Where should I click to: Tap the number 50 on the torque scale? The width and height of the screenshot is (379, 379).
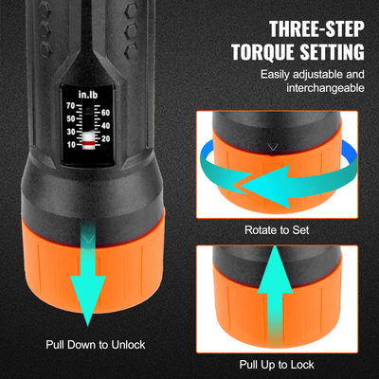tap(70, 119)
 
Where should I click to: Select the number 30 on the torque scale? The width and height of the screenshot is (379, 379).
tap(70, 132)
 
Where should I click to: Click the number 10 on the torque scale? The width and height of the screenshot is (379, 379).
tap(70, 145)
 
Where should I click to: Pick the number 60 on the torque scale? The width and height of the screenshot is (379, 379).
tap(105, 113)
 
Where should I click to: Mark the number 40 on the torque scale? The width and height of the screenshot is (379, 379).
tap(105, 125)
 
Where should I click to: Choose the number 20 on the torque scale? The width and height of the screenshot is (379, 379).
tap(105, 138)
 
